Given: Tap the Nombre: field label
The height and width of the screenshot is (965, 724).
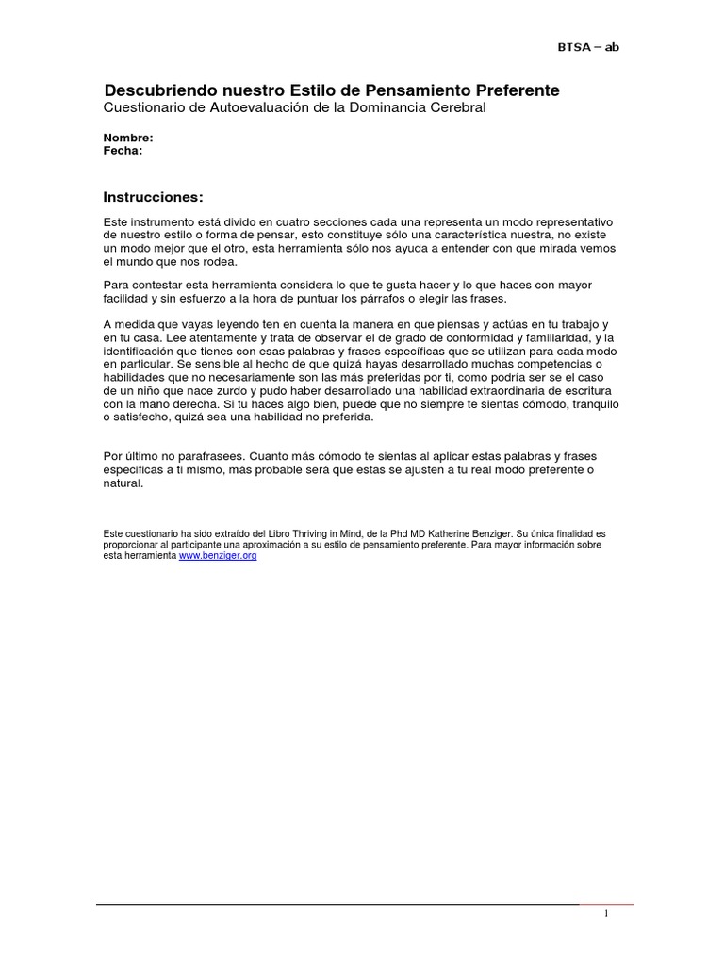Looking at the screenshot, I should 127,138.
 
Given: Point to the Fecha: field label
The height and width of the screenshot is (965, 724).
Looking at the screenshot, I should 123,150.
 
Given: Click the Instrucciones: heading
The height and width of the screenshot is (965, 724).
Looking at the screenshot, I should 152,197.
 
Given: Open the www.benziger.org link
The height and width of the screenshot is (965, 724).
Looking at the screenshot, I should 218,556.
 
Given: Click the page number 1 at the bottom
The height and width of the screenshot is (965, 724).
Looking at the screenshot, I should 607,915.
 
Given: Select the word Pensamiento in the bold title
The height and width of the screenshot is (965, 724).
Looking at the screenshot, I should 403,90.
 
